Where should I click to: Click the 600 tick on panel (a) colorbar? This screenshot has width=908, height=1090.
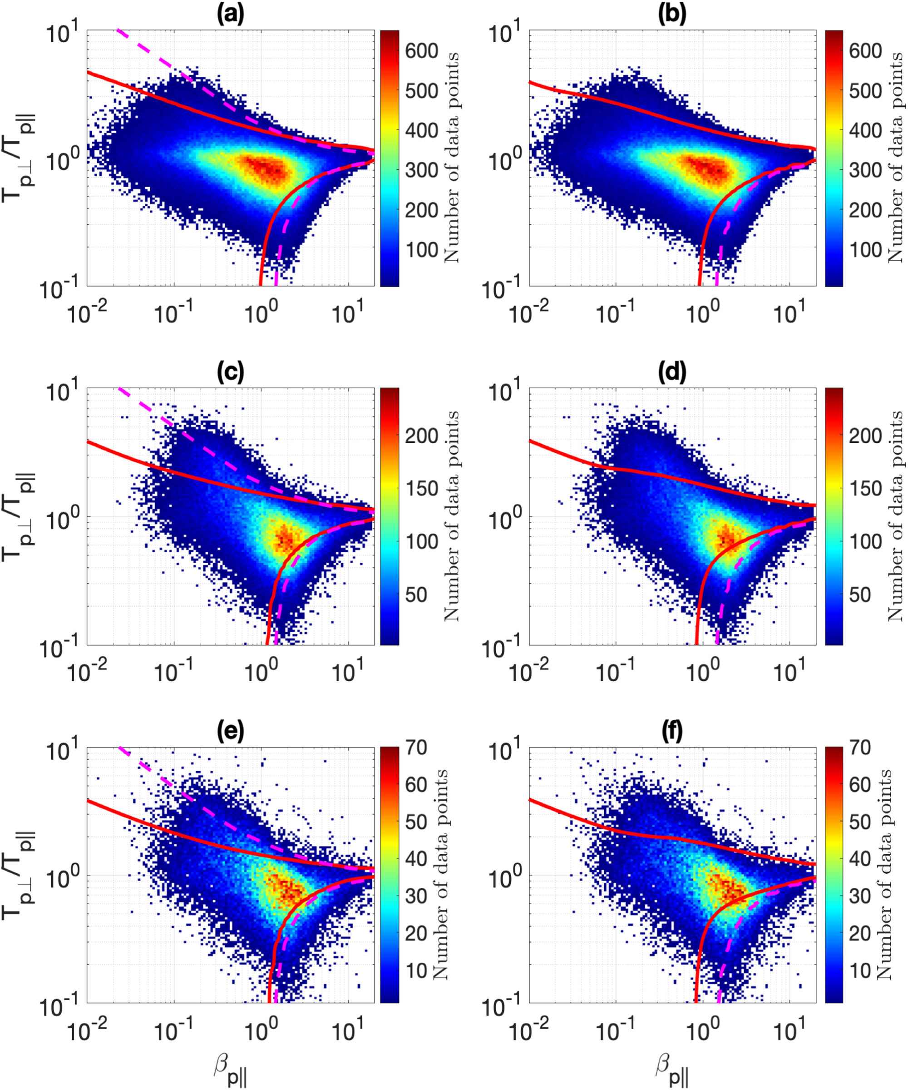tap(421, 51)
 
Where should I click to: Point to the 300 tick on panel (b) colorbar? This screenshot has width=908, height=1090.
tap(865, 170)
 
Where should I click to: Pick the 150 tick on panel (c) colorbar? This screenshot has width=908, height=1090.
tap(421, 488)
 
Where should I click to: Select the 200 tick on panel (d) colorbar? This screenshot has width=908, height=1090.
tap(865, 436)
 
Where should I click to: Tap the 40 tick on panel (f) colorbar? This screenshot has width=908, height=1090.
tap(859, 859)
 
